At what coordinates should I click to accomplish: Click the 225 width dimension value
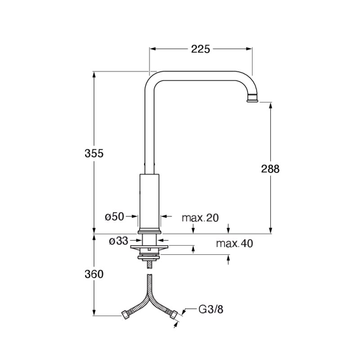pyautogui.click(x=200, y=49)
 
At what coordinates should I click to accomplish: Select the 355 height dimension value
pyautogui.click(x=94, y=153)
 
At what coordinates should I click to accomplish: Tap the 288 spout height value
pyautogui.click(x=270, y=169)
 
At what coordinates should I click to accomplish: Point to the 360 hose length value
pyautogui.click(x=94, y=274)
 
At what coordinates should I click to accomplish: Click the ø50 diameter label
pyautogui.click(x=114, y=216)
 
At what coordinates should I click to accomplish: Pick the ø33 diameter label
pyautogui.click(x=118, y=241)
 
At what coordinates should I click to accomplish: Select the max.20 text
pyautogui.click(x=200, y=218)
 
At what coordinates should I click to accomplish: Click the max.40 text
pyautogui.click(x=234, y=243)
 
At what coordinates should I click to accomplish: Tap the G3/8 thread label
pyautogui.click(x=211, y=309)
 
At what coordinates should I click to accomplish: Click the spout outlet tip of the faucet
pyautogui.click(x=253, y=100)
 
